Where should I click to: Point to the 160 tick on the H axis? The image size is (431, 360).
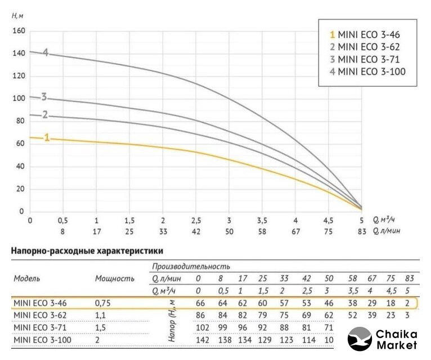[19, 31]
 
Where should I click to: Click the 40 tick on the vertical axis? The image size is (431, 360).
[20, 166]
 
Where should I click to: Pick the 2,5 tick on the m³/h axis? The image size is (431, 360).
[196, 220]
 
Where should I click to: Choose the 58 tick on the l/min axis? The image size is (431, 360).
[262, 231]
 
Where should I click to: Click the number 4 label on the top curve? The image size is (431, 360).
[46, 53]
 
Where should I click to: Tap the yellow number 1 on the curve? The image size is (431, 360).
[47, 137]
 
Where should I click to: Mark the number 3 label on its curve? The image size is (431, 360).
[44, 96]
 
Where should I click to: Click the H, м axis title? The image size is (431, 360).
[19, 15]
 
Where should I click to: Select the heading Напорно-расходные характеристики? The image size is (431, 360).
[87, 251]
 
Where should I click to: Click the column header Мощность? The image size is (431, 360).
[115, 278]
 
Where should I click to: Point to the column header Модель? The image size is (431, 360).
[27, 278]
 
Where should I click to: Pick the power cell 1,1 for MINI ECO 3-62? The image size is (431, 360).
[102, 315]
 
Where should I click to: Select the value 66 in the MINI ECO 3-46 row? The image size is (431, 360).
[199, 303]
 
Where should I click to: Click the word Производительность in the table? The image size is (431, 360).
[191, 266]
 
